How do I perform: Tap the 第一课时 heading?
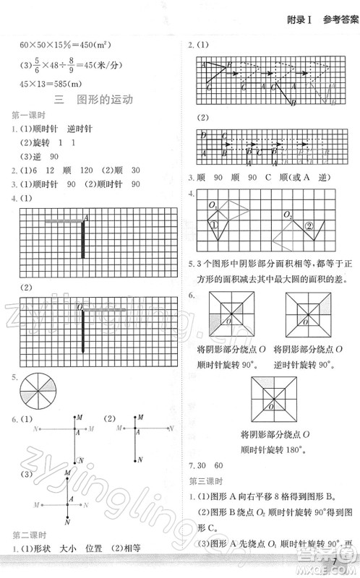pyautogui.click(x=26, y=115)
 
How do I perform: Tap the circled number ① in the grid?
pyautogui.click(x=214, y=225)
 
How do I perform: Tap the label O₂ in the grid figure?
pyautogui.click(x=287, y=215)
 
